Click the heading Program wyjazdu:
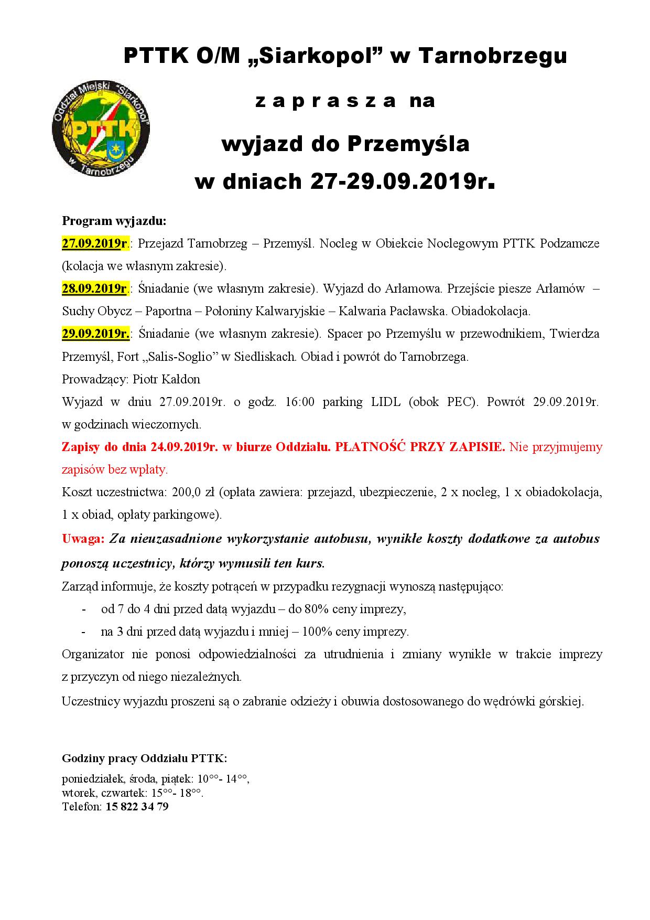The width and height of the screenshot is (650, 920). pos(114,221)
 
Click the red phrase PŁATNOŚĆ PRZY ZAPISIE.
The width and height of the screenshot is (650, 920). pos(420,447)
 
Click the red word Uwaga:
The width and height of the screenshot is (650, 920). pos(84,538)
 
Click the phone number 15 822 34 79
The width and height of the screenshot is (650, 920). pos(137,807)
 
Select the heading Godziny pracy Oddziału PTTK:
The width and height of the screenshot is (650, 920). pos(144,758)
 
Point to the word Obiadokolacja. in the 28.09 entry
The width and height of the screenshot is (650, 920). pos(491,311)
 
